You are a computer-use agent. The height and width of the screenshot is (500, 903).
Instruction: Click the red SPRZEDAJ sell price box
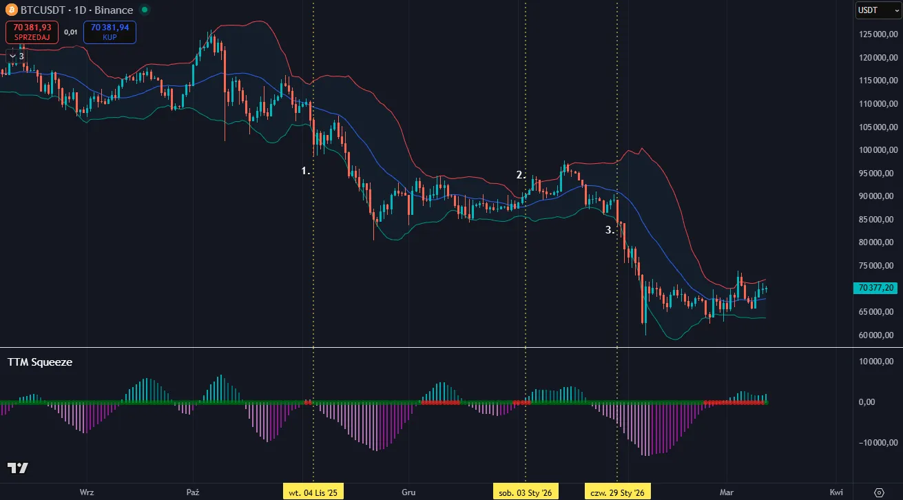pyautogui.click(x=32, y=32)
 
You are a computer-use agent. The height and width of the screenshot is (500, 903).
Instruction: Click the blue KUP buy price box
pyautogui.click(x=110, y=32)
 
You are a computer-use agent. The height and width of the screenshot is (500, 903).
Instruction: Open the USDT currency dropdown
pyautogui.click(x=877, y=10)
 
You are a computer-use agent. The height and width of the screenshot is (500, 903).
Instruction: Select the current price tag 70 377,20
pyautogui.click(x=876, y=288)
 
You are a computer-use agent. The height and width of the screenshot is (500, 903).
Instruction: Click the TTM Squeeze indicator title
pyautogui.click(x=40, y=362)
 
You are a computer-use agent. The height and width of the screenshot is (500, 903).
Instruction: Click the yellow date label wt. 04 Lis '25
pyautogui.click(x=313, y=492)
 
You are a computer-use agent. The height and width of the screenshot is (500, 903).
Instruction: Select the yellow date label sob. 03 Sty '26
pyautogui.click(x=526, y=492)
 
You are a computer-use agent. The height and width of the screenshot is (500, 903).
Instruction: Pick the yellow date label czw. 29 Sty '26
pyautogui.click(x=617, y=492)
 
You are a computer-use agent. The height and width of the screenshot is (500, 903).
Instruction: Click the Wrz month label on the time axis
pyautogui.click(x=87, y=492)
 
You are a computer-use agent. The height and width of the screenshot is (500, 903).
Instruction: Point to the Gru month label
pyautogui.click(x=409, y=492)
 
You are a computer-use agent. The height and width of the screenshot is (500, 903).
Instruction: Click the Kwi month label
pyautogui.click(x=836, y=492)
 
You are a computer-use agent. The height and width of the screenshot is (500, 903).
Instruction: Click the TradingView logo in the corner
pyautogui.click(x=18, y=468)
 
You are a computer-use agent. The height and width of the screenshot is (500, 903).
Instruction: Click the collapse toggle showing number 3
pyautogui.click(x=17, y=56)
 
